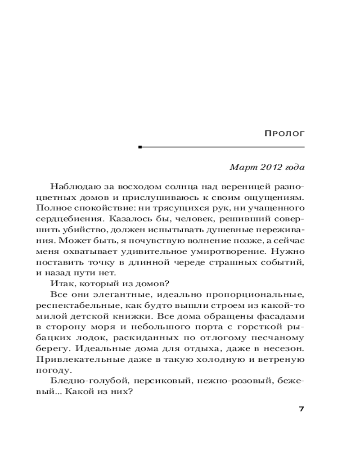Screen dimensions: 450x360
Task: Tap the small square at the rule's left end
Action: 140,147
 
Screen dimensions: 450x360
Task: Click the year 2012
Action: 270,168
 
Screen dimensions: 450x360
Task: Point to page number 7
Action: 301,409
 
